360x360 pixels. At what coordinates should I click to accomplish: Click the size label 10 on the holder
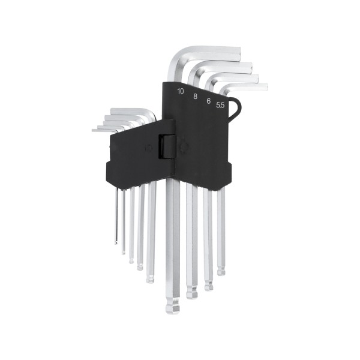click(181, 91)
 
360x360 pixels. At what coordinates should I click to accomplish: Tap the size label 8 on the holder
click(195, 97)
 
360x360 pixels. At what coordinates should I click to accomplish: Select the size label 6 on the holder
click(208, 101)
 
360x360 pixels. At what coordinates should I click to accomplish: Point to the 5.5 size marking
click(220, 105)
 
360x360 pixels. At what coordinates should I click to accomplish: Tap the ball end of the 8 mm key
click(192, 294)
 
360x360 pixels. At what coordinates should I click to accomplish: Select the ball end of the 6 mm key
click(208, 287)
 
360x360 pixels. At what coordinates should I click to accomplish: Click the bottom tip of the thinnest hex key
click(116, 242)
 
